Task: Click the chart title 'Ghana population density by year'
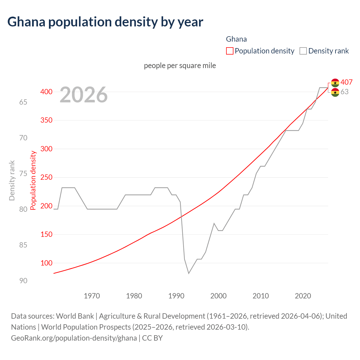pos(105,22)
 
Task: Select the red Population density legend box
pos(229,51)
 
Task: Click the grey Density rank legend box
pos(303,51)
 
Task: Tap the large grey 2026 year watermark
pos(84,95)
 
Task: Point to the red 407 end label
pos(346,82)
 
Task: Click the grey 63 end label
pos(344,92)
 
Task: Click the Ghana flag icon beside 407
pos(335,83)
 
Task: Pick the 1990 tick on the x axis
pos(176,296)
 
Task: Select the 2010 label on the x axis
pos(261,296)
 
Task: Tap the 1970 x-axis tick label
pos(92,296)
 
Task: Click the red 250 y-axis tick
pos(46,177)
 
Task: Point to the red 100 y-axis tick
pos(46,263)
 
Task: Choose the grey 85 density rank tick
pos(23,245)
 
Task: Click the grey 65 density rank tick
pos(23,102)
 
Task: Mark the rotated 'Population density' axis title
pos(33,180)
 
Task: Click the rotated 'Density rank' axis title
pos(12,180)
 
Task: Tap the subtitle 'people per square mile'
pos(180,66)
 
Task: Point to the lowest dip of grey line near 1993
pos(189,273)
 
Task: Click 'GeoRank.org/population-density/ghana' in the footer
pos(74,338)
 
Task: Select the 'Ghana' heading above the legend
pos(236,39)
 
